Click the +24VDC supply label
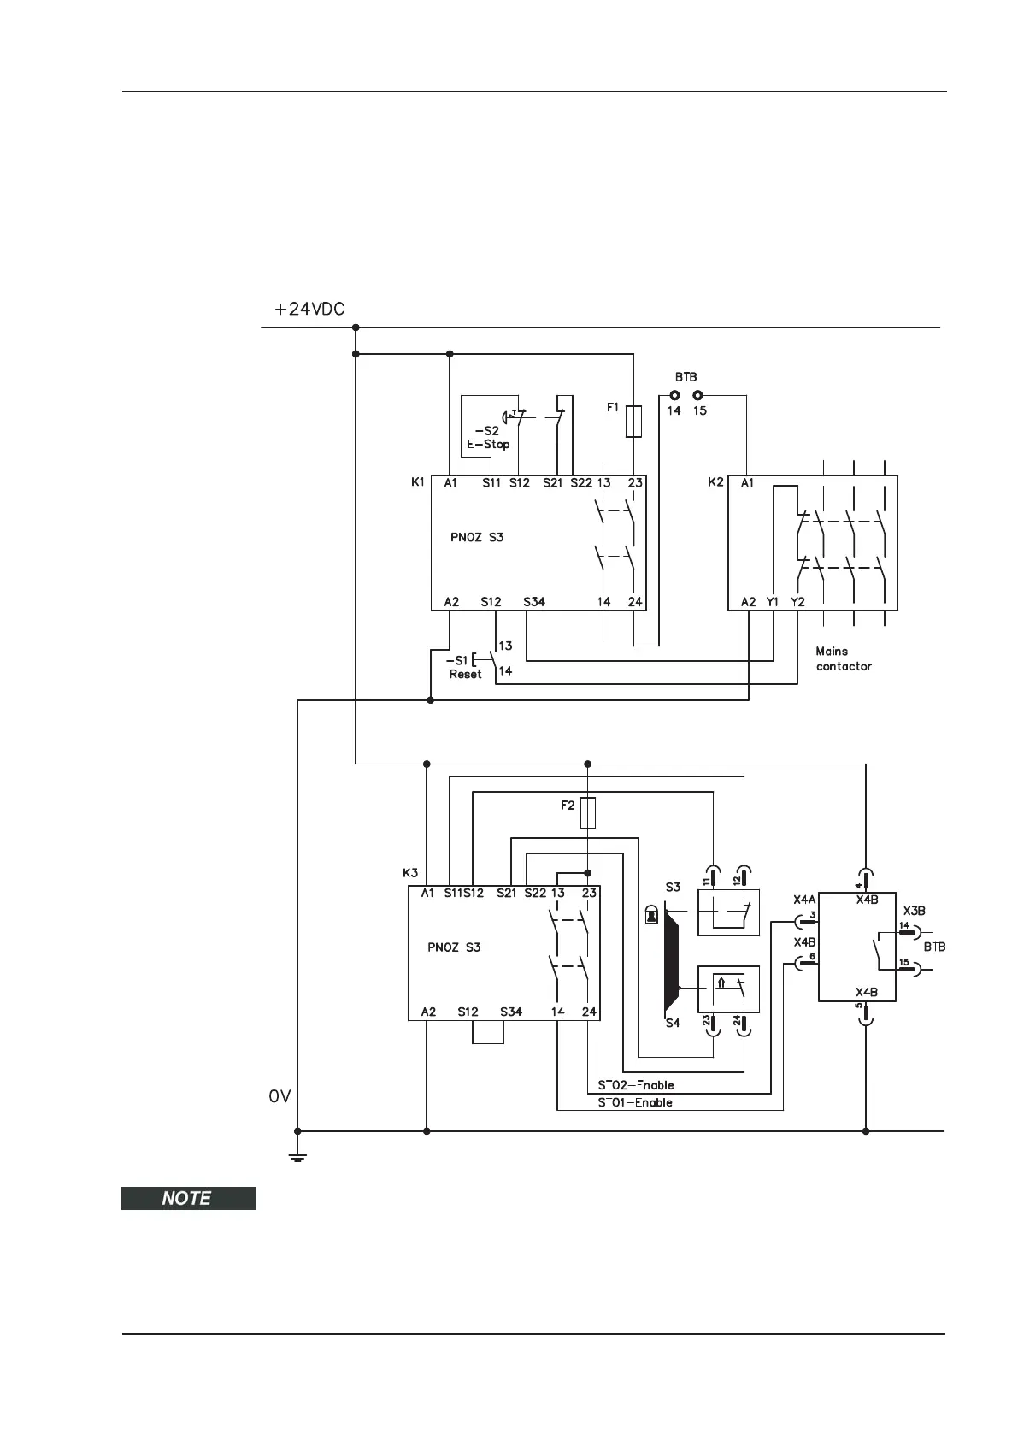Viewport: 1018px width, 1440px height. coord(309,310)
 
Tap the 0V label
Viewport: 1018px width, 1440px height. coord(280,1095)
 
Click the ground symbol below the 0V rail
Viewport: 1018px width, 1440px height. coord(297,1158)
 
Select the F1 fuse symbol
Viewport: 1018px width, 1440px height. coord(633,422)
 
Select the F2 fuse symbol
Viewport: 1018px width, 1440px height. coord(587,813)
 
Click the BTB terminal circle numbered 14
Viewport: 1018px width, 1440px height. coord(674,396)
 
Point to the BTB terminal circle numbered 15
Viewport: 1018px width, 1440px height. coord(698,396)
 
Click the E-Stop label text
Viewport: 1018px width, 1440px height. coord(488,445)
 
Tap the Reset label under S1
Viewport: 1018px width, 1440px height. coord(465,674)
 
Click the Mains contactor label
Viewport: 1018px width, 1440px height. coord(844,658)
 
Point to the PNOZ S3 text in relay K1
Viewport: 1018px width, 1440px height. coord(477,538)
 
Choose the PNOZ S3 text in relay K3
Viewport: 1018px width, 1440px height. coord(454,947)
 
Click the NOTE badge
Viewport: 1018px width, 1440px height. coord(188,1198)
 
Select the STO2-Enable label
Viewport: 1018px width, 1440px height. coord(635,1085)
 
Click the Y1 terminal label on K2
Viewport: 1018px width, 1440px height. coord(773,602)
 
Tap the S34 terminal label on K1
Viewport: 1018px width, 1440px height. coord(534,602)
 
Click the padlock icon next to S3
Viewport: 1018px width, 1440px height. coord(653,916)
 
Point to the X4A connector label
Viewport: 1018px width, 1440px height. coord(804,900)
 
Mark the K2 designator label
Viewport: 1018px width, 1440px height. coord(716,482)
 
